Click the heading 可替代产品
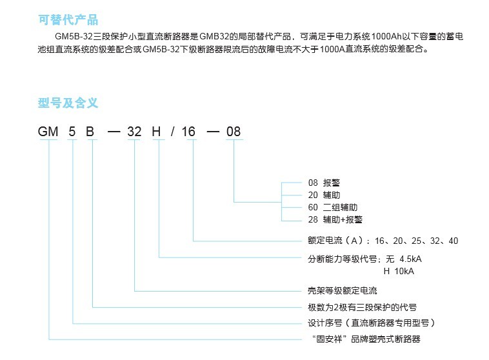[x=68, y=19]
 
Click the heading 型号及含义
[x=68, y=103]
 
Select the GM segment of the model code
[x=48, y=132]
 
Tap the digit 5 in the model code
[x=72, y=132]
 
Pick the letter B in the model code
[x=90, y=132]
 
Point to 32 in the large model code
[x=134, y=132]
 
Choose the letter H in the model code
[x=156, y=132]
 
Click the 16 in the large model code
[x=188, y=132]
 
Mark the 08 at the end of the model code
[x=234, y=132]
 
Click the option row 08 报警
[x=324, y=183]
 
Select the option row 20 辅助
[x=324, y=195]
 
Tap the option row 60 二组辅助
[x=333, y=208]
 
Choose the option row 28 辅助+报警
[x=335, y=219]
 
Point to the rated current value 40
[x=454, y=241]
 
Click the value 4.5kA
[x=410, y=259]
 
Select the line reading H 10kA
[x=399, y=272]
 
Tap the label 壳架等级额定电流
[x=343, y=291]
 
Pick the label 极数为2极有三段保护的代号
[x=362, y=307]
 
